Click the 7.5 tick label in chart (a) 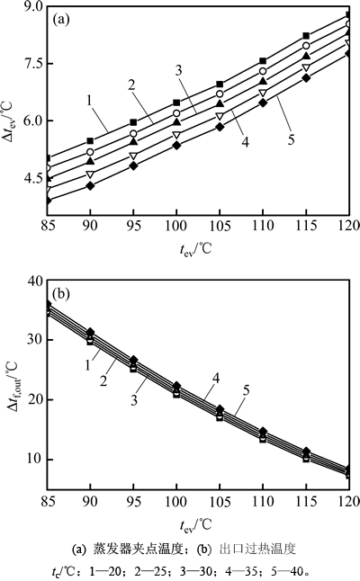pos(34,63)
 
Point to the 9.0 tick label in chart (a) pos(34,6)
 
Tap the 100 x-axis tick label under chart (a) pos(176,226)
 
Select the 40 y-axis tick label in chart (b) pos(35,281)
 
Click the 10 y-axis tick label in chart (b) pos(35,460)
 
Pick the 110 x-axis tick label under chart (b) pos(263,502)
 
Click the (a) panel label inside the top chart pos(61,19)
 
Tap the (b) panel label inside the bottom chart pos(61,294)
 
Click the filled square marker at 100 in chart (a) pos(176,103)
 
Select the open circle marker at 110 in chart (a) pos(263,71)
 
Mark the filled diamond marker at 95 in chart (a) pos(133,166)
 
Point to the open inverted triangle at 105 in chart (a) pos(220,116)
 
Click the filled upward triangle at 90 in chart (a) pos(90,161)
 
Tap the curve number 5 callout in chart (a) pos(292,139)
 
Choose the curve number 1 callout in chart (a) pos(89,100)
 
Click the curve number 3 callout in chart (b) pos(134,400)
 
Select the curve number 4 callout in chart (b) pos(216,378)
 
